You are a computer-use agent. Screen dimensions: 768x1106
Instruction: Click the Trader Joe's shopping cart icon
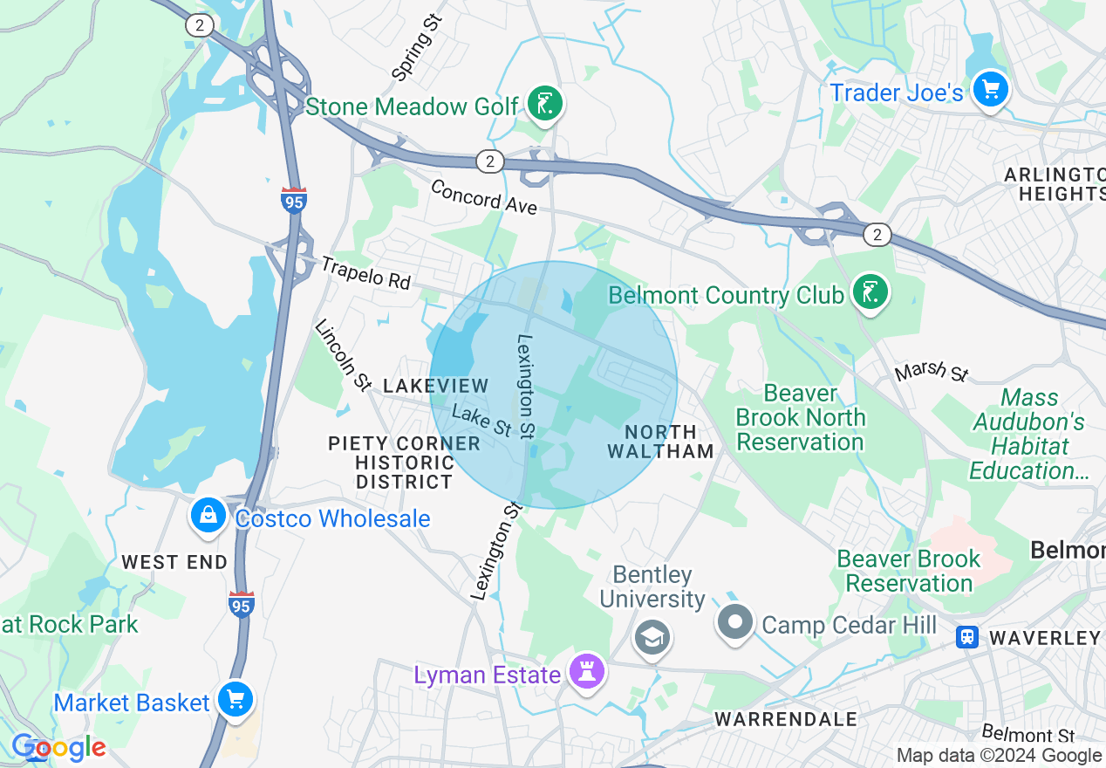pos(990,89)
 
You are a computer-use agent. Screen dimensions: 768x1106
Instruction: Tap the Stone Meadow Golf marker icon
pos(545,105)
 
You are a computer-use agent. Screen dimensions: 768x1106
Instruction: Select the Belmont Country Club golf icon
pos(869,292)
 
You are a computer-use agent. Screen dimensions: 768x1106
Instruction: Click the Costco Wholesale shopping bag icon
pos(208,516)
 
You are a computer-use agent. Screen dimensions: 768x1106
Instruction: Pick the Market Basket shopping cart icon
pos(235,700)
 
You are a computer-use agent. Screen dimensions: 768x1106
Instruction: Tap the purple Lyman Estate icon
pos(587,672)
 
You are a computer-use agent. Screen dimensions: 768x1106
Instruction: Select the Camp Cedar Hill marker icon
pos(734,622)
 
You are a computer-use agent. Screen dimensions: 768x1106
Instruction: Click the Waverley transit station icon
pos(966,637)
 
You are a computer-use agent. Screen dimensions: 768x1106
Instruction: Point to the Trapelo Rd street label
pos(365,272)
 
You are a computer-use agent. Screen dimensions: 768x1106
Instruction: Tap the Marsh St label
pos(932,371)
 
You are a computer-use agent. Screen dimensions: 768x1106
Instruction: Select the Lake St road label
pos(481,421)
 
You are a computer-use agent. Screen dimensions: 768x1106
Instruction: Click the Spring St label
pos(417,46)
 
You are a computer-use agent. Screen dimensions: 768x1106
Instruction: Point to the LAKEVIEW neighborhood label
pos(435,385)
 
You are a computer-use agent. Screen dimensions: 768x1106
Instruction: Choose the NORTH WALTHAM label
pos(661,442)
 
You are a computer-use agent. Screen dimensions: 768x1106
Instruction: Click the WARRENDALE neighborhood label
pos(786,719)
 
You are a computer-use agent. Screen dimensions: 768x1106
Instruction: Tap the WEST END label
pos(174,562)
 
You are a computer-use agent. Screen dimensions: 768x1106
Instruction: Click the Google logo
pos(58,748)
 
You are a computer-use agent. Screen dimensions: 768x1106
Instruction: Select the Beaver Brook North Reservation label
pos(800,417)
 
